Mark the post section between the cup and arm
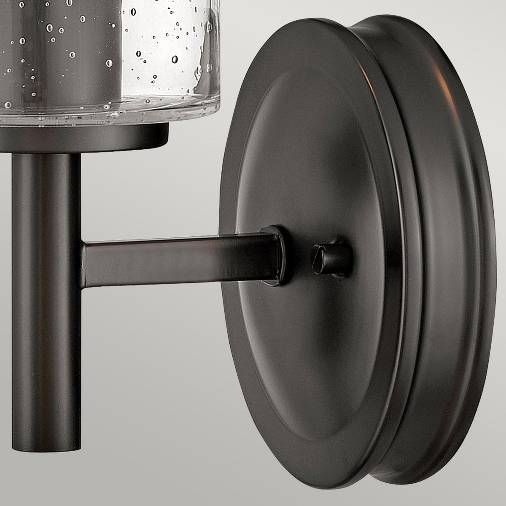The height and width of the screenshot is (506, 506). point(46,190)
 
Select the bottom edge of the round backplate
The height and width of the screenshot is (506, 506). point(329,479)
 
